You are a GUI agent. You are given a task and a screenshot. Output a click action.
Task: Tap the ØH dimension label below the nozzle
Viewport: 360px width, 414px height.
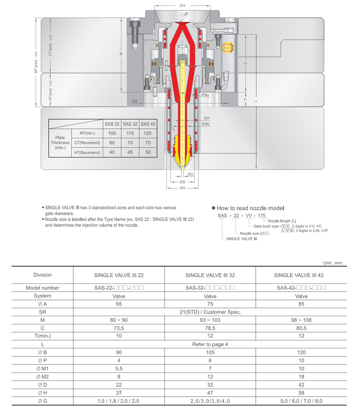pyautogui.click(x=182, y=187)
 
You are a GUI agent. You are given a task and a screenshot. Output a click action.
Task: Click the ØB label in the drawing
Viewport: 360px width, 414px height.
pyautogui.click(x=134, y=101)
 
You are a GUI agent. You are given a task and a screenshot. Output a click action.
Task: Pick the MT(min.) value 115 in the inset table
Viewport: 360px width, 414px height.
pyautogui.click(x=130, y=133)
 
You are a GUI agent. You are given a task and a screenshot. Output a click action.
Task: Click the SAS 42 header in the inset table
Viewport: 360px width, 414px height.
pyautogui.click(x=148, y=124)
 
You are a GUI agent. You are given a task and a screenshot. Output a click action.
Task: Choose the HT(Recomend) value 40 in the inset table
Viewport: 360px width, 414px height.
pyautogui.click(x=112, y=152)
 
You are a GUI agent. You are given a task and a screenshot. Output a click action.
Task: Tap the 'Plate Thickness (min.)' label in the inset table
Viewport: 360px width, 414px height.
pyautogui.click(x=60, y=142)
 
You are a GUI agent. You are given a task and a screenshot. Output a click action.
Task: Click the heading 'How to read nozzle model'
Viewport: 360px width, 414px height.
pyautogui.click(x=250, y=208)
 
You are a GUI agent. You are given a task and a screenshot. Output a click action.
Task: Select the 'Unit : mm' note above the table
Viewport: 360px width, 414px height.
pyautogui.click(x=332, y=263)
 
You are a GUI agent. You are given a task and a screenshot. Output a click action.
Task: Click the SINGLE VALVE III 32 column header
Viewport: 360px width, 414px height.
pyautogui.click(x=210, y=275)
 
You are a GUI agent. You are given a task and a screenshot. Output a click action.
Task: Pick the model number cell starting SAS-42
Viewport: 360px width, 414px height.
pyautogui.click(x=301, y=288)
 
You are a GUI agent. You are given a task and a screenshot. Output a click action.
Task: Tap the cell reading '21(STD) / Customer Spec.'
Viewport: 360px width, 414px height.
pyautogui.click(x=210, y=312)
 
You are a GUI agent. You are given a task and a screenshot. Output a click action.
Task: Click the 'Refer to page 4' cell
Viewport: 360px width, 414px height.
pyautogui.click(x=210, y=344)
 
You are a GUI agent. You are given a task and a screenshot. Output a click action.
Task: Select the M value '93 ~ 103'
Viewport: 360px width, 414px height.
pyautogui.click(x=210, y=320)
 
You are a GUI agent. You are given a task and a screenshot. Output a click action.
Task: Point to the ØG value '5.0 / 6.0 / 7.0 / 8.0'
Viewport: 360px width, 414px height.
pyautogui.click(x=301, y=401)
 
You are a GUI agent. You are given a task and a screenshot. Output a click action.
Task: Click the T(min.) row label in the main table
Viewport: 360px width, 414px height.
pyautogui.click(x=42, y=336)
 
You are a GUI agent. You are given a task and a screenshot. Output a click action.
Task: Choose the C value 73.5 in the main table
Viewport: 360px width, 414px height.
pyautogui.click(x=119, y=328)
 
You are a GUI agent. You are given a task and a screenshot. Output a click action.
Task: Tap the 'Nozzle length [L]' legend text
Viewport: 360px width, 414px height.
pyautogui.click(x=282, y=221)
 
